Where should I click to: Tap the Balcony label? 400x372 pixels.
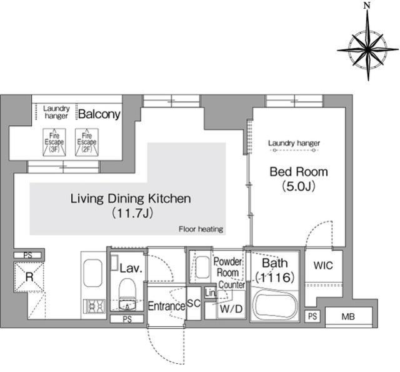click(99, 114)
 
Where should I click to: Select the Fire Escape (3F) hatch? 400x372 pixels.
click(54, 143)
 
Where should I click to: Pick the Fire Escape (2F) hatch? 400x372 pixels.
click(87, 143)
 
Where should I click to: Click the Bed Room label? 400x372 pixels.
click(299, 172)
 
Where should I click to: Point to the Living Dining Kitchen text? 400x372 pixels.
click(131, 198)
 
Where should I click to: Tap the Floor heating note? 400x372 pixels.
click(201, 229)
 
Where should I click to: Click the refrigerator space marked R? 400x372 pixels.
click(29, 277)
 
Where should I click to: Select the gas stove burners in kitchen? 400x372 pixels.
click(96, 306)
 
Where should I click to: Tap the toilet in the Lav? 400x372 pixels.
click(127, 294)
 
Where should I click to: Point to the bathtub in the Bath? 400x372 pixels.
click(275, 305)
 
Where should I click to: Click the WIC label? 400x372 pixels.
click(323, 266)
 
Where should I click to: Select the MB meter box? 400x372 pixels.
click(349, 317)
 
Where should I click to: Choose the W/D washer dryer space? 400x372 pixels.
click(231, 309)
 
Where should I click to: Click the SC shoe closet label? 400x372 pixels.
click(194, 303)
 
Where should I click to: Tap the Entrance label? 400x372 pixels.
click(167, 306)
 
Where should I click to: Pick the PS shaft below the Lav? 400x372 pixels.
click(127, 319)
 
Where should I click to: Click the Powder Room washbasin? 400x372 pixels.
click(202, 267)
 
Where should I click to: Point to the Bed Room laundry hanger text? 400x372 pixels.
click(294, 143)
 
